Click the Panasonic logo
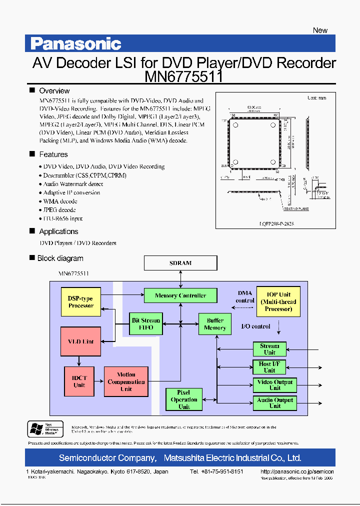click(75, 44)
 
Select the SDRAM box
click(180, 263)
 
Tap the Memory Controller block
click(180, 295)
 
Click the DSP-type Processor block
click(80, 302)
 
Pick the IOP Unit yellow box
click(278, 301)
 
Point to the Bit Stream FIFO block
click(146, 324)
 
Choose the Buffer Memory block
click(215, 324)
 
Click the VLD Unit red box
click(80, 341)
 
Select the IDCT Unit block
click(79, 381)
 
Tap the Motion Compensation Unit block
click(126, 381)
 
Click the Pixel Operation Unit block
click(184, 399)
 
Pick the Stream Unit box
click(269, 349)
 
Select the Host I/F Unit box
click(269, 367)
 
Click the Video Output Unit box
click(275, 384)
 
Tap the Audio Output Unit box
click(275, 403)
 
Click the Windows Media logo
click(45, 429)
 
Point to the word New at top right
click(320, 30)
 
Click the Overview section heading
click(54, 91)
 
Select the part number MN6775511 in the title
click(183, 77)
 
